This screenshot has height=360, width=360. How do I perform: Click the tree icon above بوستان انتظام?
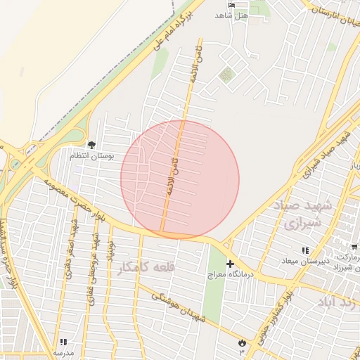(x=92, y=144)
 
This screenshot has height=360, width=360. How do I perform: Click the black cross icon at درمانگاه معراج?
(x=230, y=264)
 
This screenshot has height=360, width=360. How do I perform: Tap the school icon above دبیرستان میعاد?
(x=305, y=250)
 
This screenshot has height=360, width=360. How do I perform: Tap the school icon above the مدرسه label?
(x=63, y=342)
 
